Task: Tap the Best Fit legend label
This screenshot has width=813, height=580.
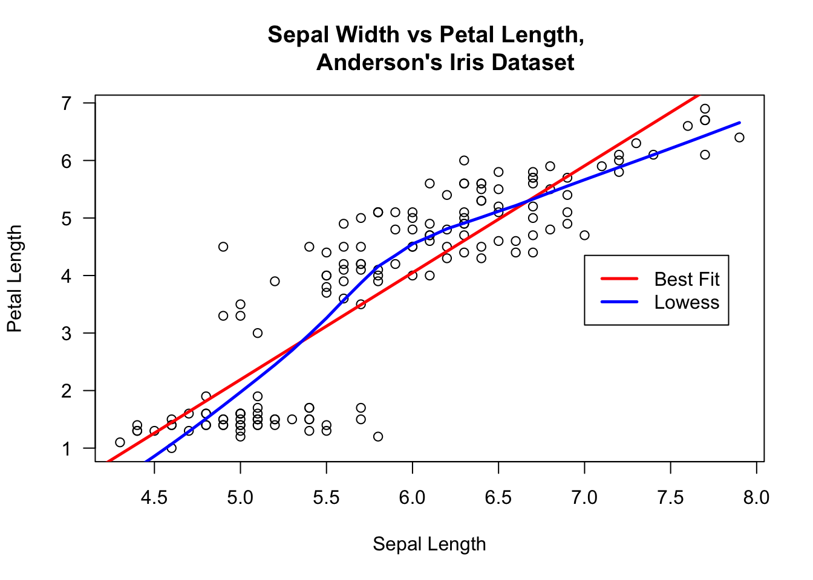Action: click(x=687, y=279)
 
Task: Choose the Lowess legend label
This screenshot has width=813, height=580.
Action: click(x=687, y=302)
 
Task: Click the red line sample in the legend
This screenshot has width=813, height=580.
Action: click(x=619, y=279)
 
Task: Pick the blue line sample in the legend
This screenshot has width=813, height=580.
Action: click(x=619, y=301)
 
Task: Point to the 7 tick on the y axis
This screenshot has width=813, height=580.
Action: click(x=67, y=103)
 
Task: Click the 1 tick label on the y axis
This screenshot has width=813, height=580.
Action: click(x=67, y=449)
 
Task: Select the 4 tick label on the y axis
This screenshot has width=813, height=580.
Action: click(x=67, y=276)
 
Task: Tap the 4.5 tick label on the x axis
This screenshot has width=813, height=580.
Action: click(x=154, y=498)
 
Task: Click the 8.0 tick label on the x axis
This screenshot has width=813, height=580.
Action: click(x=756, y=498)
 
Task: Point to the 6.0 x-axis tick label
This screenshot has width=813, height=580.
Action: click(x=412, y=498)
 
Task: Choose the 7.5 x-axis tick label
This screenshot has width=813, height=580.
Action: click(x=670, y=498)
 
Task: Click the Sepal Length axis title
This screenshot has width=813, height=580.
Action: click(x=429, y=544)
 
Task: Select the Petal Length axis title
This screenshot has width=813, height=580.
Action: click(x=15, y=279)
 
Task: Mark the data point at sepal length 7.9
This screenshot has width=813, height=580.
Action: click(x=739, y=138)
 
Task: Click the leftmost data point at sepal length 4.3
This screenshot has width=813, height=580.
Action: click(x=120, y=442)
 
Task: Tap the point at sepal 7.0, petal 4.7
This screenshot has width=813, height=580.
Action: click(x=584, y=236)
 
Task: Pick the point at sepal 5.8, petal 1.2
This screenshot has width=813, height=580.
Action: click(x=378, y=437)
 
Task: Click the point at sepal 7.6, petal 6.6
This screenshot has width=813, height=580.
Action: click(x=688, y=126)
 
